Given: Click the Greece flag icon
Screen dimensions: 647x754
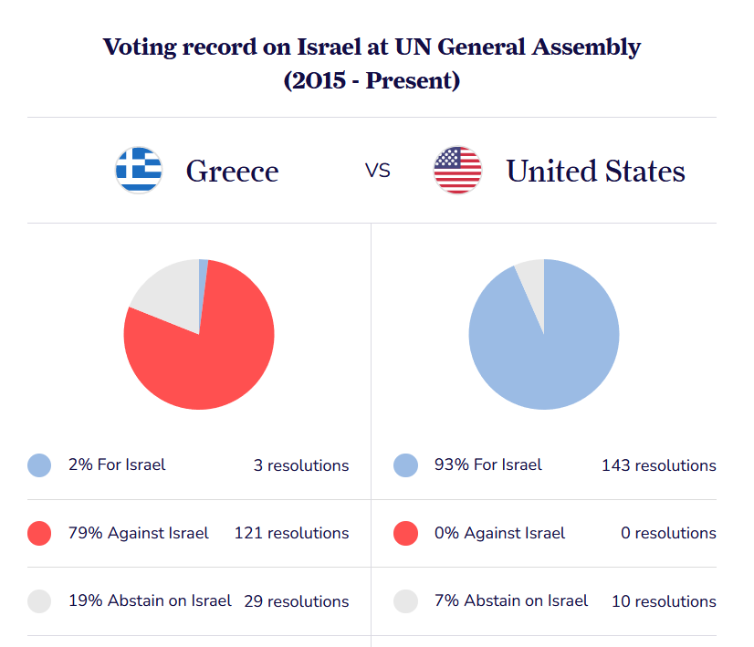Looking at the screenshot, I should pos(139,170).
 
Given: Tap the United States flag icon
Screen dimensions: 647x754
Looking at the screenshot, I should pos(457,170).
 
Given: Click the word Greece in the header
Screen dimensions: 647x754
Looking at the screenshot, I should pos(232,171).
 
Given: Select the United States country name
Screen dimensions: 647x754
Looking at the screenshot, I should pos(595,171).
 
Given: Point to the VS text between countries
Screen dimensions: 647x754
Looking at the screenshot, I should pos(378,171).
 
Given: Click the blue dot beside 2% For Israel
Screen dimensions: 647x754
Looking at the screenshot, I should pos(39,465).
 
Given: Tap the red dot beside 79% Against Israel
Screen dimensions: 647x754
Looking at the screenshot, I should pos(39,533).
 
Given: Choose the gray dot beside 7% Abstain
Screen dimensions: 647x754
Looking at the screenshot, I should pos(405,601).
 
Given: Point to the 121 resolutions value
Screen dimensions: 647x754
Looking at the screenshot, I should pos(291,533).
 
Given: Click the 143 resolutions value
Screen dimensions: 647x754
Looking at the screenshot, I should pos(658,465).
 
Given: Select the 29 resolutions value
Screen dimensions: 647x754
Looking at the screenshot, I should pos(296,601).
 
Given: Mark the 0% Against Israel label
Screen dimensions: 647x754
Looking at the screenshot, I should pos(499,533).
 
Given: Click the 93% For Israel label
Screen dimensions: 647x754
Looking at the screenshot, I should pos(487,465).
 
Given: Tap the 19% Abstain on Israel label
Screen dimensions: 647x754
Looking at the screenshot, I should pos(150,601).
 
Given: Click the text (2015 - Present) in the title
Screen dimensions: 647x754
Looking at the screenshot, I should pos(372,80).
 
